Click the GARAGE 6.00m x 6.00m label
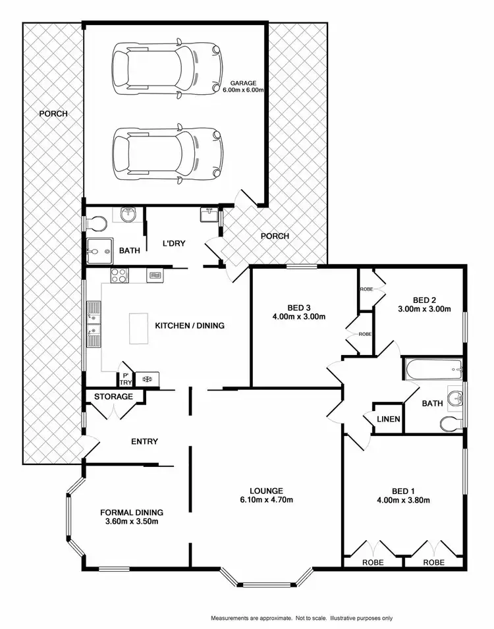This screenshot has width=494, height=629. (x=246, y=86)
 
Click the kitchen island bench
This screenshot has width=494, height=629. (x=139, y=328)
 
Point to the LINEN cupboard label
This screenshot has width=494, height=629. (x=388, y=419)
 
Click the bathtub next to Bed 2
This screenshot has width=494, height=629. (x=431, y=368)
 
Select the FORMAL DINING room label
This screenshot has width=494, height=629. (x=132, y=517)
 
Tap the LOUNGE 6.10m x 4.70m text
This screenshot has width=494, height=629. (x=266, y=495)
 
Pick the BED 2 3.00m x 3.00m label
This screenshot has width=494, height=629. (x=424, y=304)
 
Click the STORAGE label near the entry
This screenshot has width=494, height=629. (x=114, y=397)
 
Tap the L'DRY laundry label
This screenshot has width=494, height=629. (x=174, y=244)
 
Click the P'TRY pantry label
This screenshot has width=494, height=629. (x=125, y=378)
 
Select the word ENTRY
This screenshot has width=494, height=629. (x=144, y=441)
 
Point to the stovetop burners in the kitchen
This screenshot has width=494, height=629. (x=119, y=276)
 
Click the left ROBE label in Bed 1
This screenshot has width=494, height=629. (x=373, y=562)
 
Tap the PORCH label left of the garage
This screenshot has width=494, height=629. (x=53, y=113)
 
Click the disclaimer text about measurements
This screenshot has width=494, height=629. (x=302, y=618)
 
